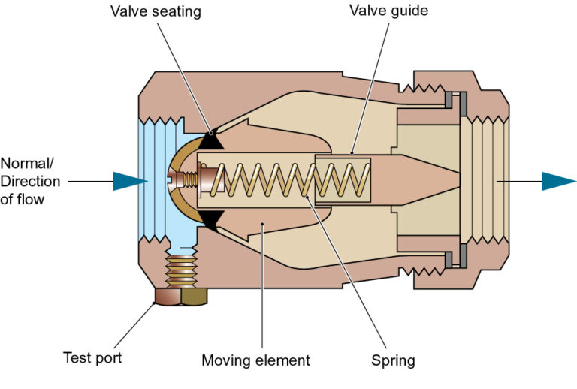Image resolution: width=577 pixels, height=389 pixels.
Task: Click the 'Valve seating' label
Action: pyautogui.click(x=156, y=12)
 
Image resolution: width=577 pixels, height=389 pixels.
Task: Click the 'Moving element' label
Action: pyautogui.click(x=255, y=360)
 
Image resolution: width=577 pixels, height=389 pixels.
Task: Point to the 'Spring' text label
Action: pyautogui.click(x=393, y=360)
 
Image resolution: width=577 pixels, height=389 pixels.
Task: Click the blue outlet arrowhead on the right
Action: pyautogui.click(x=558, y=181)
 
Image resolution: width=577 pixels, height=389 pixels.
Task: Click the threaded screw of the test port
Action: pyautogui.click(x=181, y=267)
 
